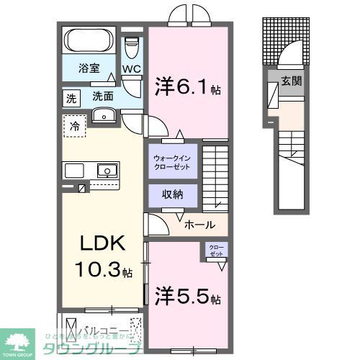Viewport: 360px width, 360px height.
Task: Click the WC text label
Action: pos(131,69)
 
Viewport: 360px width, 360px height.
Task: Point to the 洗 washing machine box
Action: pos(71,97)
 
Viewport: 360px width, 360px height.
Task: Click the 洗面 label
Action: pos(102,95)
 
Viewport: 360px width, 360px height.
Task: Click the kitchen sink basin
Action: pos(105,171)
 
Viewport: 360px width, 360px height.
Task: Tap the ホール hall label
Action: pos(199,225)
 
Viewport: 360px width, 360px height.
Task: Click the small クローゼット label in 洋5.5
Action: pos(216,251)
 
